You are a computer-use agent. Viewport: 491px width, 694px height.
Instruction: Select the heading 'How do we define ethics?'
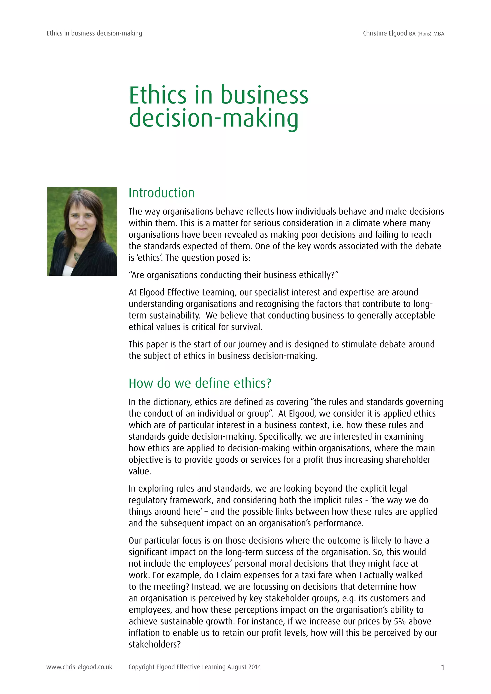[200, 383]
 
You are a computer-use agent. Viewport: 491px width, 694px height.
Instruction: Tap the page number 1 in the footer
[443, 667]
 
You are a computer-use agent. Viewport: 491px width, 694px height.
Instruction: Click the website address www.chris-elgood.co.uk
[79, 667]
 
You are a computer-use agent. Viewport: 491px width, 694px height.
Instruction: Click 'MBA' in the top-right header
[439, 34]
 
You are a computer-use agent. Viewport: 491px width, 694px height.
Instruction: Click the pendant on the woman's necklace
[77, 257]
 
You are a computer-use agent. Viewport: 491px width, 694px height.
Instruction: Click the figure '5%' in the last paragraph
[400, 621]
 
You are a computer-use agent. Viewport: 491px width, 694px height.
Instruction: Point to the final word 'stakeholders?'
[154, 644]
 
